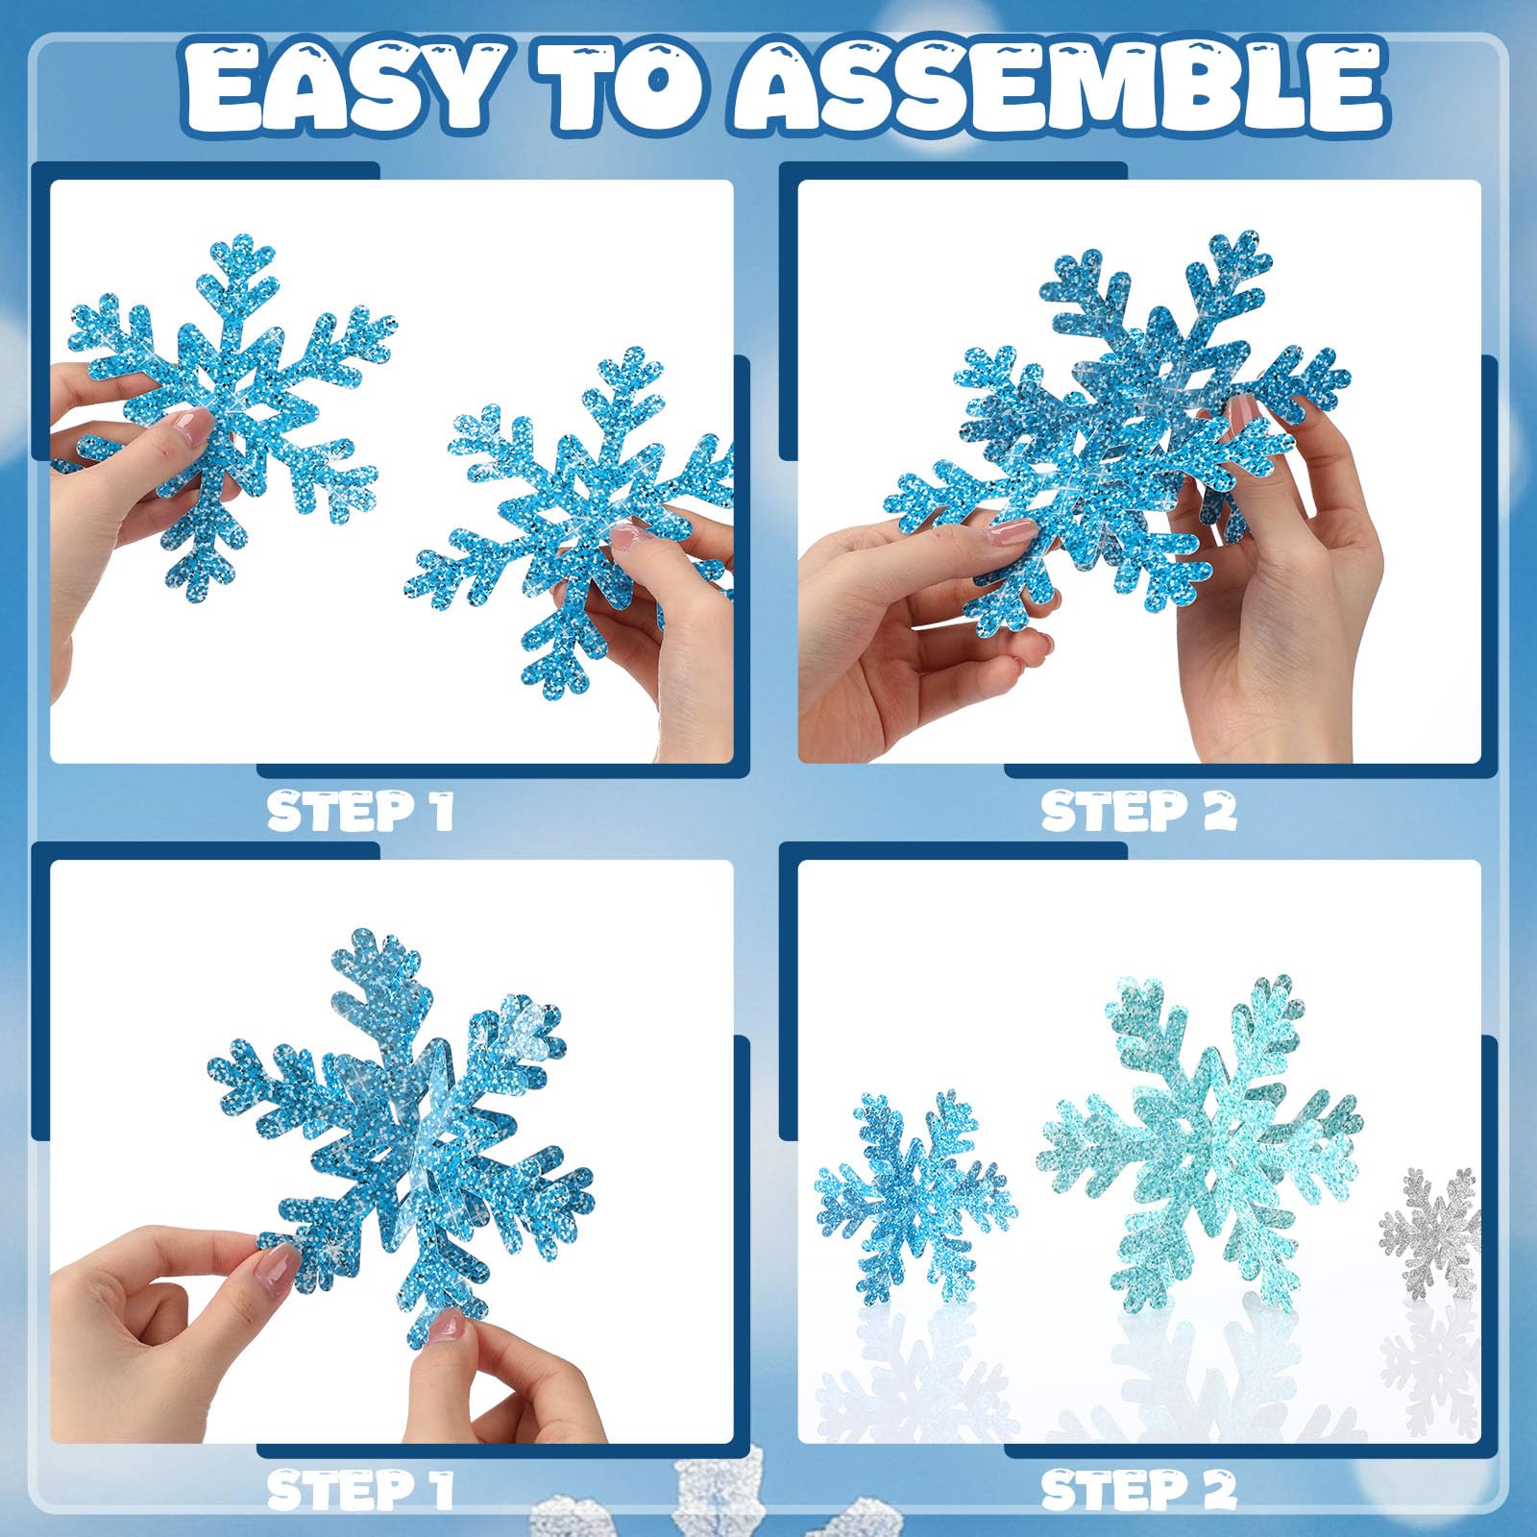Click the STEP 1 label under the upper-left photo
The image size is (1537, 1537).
coord(359,813)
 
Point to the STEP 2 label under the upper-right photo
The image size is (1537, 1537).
coord(1139,813)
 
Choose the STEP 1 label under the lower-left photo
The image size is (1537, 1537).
coord(359,1490)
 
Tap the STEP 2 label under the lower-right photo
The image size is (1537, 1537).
coord(1139,1490)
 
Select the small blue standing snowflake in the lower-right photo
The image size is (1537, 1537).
coord(915,1196)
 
